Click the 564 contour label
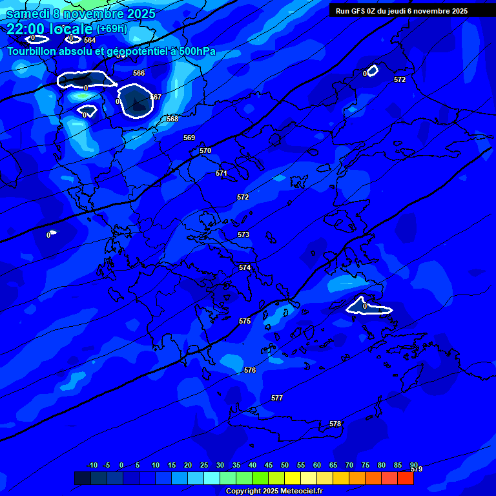90,40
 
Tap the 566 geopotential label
139,73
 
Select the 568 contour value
172,119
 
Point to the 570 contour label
205,150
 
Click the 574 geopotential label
245,267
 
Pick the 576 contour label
250,370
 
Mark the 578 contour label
335,424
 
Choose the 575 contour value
245,321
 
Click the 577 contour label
277,398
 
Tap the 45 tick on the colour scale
269,465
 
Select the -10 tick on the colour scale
92,465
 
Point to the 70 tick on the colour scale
349,465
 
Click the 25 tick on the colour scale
204,465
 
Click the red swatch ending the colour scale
406,478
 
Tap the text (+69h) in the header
112,28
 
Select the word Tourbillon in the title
32,52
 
